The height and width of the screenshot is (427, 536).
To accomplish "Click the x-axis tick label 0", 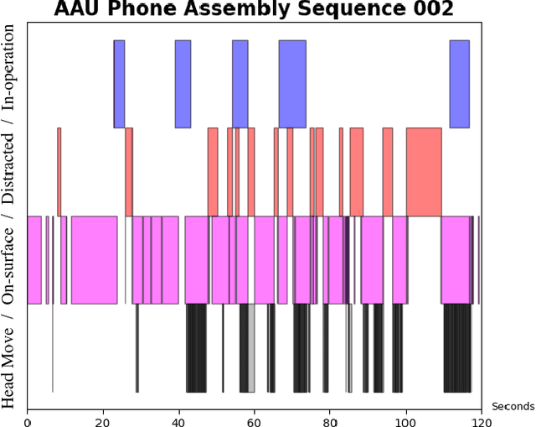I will click(28, 414).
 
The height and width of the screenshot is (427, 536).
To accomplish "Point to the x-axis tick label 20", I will click(103, 414).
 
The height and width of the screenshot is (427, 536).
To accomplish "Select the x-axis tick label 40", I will click(178, 414).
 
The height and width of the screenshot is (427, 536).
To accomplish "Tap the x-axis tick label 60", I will click(255, 414).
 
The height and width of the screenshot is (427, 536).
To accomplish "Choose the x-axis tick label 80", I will click(330, 414).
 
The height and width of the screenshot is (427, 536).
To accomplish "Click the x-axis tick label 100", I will click(405, 414).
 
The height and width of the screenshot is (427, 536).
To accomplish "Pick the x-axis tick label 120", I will click(481, 414).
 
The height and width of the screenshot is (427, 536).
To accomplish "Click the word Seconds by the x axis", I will click(513, 407).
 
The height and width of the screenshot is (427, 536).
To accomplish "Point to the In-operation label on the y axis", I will click(9, 67).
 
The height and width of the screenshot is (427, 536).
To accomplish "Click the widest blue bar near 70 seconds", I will click(292, 84).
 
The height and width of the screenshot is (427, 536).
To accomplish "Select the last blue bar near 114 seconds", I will click(459, 84).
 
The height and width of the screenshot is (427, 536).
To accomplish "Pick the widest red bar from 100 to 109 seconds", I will click(424, 172).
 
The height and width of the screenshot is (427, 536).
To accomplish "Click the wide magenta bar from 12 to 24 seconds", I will click(94, 260).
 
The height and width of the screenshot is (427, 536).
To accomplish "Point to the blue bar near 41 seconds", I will click(183, 84).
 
